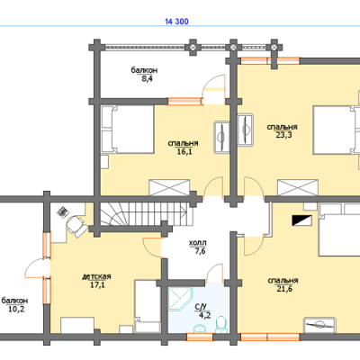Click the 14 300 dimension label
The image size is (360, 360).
pyautogui.click(x=176, y=22)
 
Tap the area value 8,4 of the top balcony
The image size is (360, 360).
pyautogui.click(x=145, y=79)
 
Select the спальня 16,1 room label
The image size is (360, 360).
pyautogui.click(x=183, y=148)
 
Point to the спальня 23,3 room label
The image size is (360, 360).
pyautogui.click(x=283, y=131)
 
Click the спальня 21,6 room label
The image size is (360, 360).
pyautogui.click(x=283, y=284)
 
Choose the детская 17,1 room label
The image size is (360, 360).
pyautogui.click(x=96, y=281)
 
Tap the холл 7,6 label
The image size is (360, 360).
pyautogui.click(x=198, y=247)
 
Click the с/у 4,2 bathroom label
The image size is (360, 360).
pyautogui.click(x=202, y=310)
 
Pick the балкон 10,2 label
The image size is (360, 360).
pyautogui.click(x=15, y=304)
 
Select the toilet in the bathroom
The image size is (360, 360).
pyautogui.click(x=220, y=324)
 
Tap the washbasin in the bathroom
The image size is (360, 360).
pyautogui.click(x=200, y=328)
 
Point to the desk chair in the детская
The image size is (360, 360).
pyautogui.click(x=76, y=226)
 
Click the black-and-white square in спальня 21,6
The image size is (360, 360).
pyautogui.click(x=301, y=220)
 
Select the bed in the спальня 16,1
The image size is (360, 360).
pyautogui.click(x=128, y=130)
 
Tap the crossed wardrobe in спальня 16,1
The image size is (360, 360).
pyautogui.click(x=169, y=187)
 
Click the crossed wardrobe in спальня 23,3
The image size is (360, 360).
pyautogui.click(x=298, y=187)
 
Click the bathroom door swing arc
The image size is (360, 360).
pyautogui.click(x=215, y=274)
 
